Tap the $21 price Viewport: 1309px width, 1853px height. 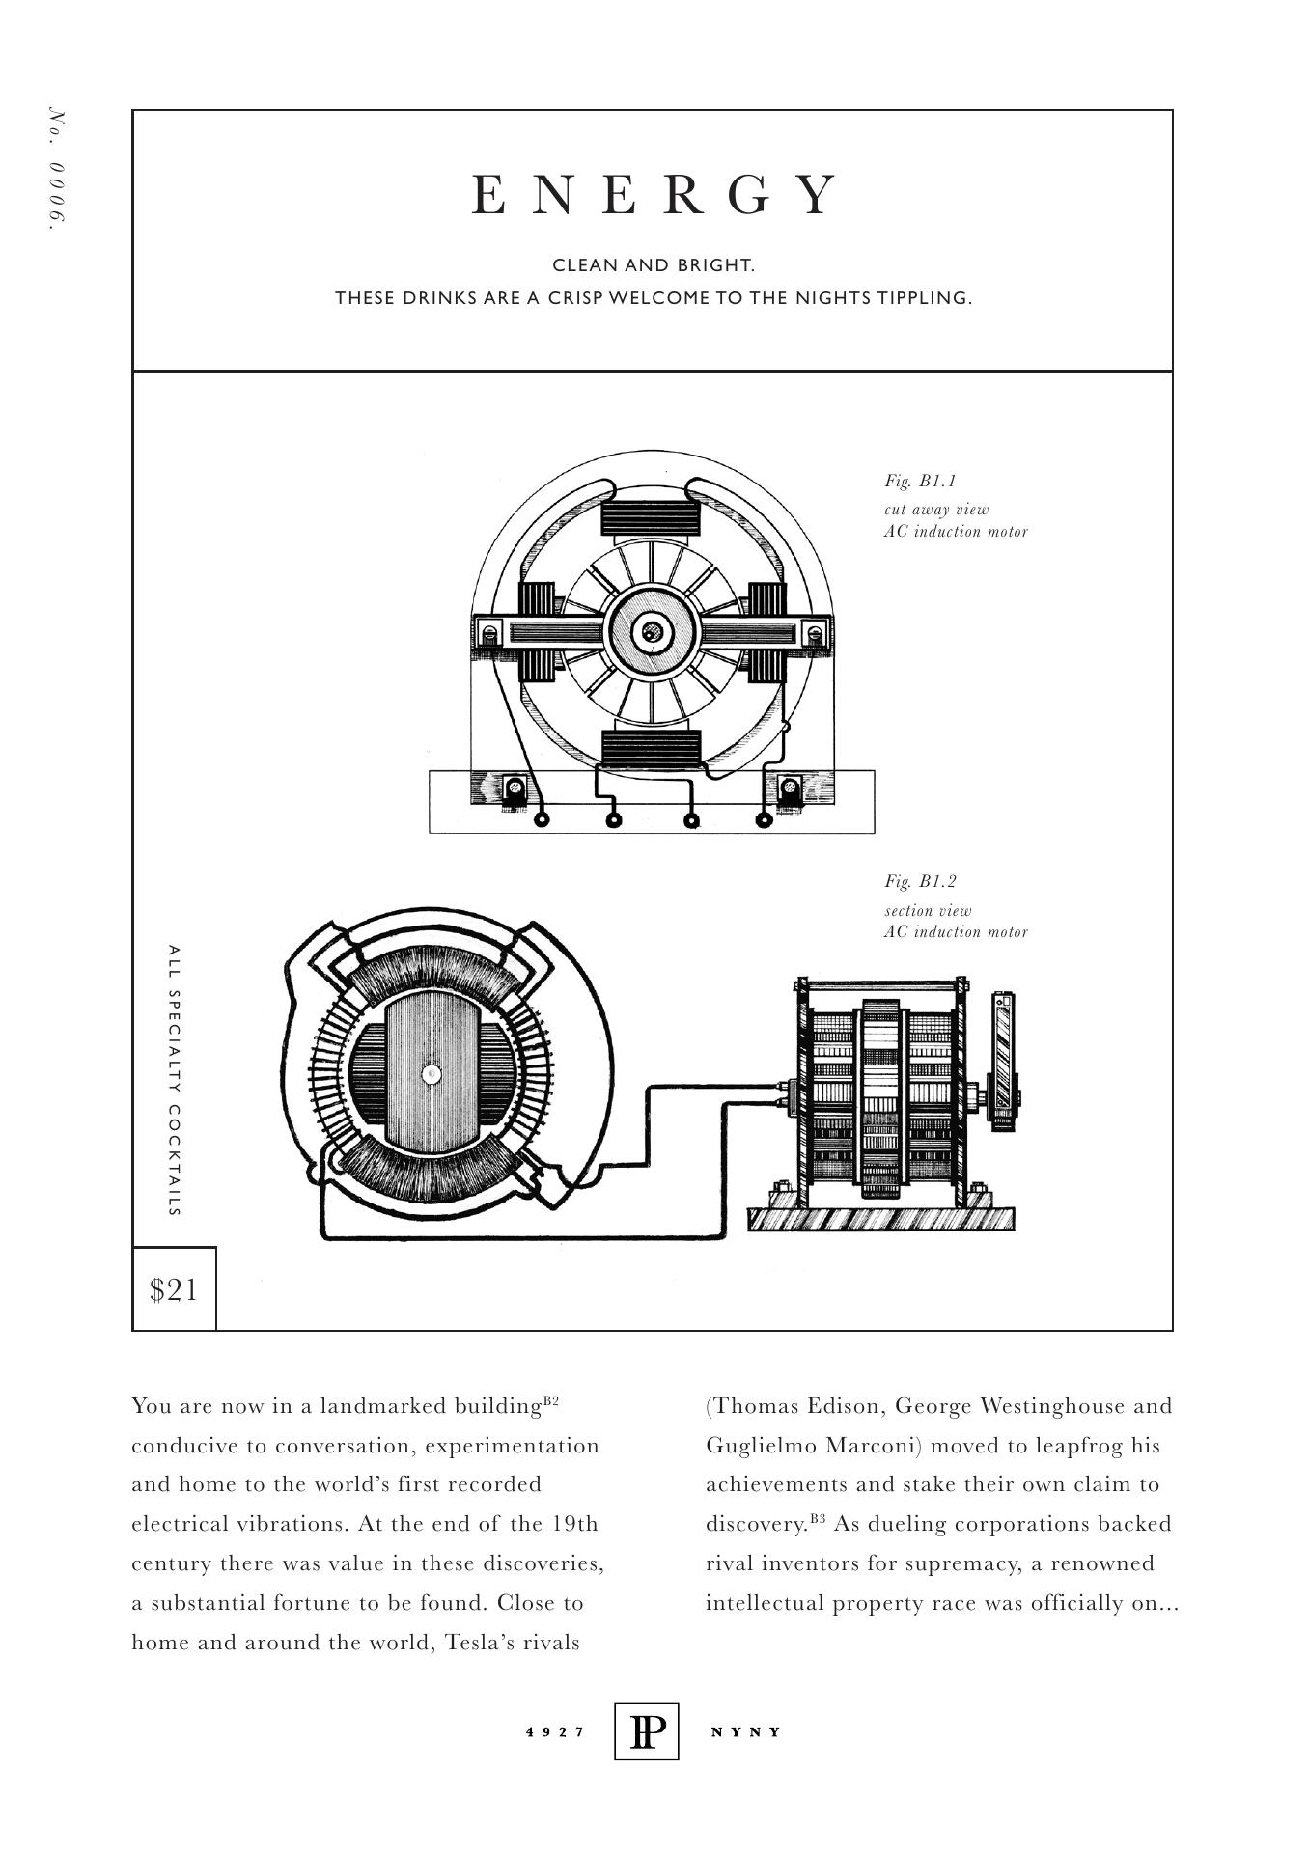click(174, 1289)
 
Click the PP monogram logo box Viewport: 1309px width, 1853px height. click(646, 1731)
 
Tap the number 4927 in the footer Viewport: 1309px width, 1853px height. click(555, 1731)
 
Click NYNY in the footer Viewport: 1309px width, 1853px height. click(745, 1731)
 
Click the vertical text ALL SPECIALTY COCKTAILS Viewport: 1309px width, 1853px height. click(174, 1080)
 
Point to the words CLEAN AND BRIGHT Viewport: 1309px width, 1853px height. click(654, 264)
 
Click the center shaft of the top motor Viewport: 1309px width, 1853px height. click(652, 632)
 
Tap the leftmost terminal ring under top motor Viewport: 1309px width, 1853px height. click(542, 820)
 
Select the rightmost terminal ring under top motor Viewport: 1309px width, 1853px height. click(764, 820)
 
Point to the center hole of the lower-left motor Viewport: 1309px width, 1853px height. click(432, 1073)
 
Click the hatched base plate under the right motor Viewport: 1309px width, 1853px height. click(880, 1219)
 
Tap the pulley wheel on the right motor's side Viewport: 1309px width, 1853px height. click(1006, 1062)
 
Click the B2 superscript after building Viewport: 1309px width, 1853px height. click(551, 1400)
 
